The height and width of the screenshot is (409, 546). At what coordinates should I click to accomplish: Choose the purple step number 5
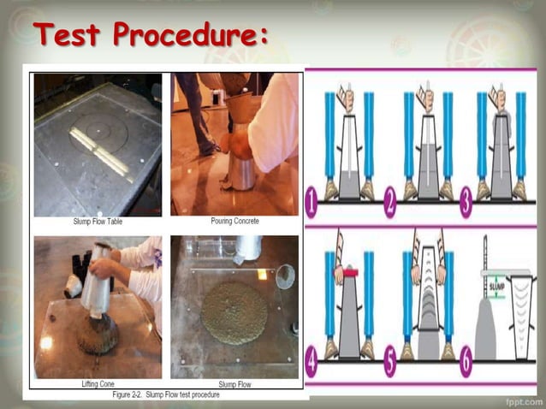point(390,365)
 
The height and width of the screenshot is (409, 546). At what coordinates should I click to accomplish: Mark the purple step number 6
point(468,365)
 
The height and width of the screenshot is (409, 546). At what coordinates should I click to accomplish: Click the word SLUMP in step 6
point(496,299)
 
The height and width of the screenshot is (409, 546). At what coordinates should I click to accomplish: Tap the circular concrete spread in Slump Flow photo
point(233,313)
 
